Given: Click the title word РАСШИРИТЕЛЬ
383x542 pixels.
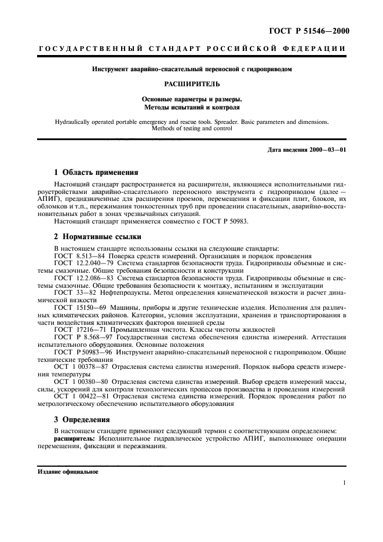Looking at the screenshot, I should (191, 84).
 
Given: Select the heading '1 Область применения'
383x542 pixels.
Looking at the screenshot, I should (96, 172).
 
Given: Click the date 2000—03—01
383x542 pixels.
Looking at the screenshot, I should (327, 150).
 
